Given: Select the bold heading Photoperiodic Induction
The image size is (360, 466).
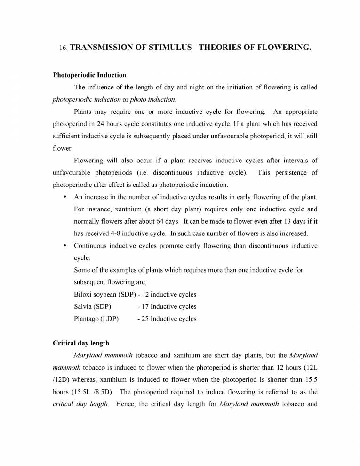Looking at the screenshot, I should tap(89, 75).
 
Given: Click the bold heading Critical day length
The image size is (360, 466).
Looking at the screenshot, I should tap(80, 343).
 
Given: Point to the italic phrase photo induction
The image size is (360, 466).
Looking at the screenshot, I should tap(152, 99).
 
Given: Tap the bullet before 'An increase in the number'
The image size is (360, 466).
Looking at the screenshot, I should tap(64, 197).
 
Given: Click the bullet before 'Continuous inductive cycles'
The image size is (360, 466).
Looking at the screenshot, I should tap(64, 246).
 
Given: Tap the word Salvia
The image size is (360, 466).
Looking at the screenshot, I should tap(83, 307).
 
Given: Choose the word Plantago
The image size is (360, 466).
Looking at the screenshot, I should tap(86, 319).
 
